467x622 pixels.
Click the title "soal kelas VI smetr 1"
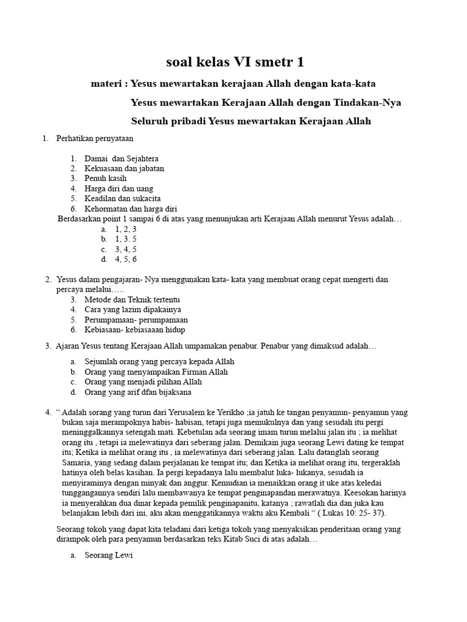[235, 62]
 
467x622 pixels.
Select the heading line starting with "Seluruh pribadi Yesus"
[251, 121]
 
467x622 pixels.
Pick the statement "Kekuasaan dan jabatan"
[124, 168]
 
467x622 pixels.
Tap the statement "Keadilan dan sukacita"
[122, 199]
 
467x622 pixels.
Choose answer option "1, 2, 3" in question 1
[125, 229]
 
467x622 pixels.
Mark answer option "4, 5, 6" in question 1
[125, 259]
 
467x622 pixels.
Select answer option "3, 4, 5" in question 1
[125, 249]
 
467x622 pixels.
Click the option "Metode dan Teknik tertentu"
[132, 299]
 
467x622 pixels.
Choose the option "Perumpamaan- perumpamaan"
[136, 320]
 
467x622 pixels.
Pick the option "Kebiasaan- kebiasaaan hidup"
[134, 330]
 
